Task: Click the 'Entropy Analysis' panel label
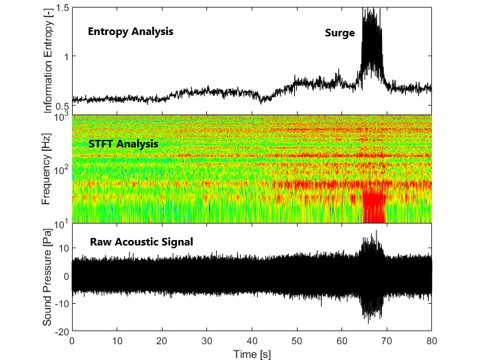[x=130, y=32]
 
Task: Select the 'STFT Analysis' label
[x=123, y=144]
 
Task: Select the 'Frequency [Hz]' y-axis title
[x=47, y=169]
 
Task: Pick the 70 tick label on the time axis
[x=387, y=339]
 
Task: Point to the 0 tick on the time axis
[x=72, y=339]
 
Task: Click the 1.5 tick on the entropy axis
[x=62, y=8]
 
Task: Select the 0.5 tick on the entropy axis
[x=62, y=106]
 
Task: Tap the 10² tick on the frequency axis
[x=60, y=169]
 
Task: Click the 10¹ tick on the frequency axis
[x=60, y=223]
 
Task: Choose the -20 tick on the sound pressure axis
[x=60, y=331]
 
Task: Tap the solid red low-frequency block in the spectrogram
[x=374, y=204]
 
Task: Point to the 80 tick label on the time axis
[x=432, y=339]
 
